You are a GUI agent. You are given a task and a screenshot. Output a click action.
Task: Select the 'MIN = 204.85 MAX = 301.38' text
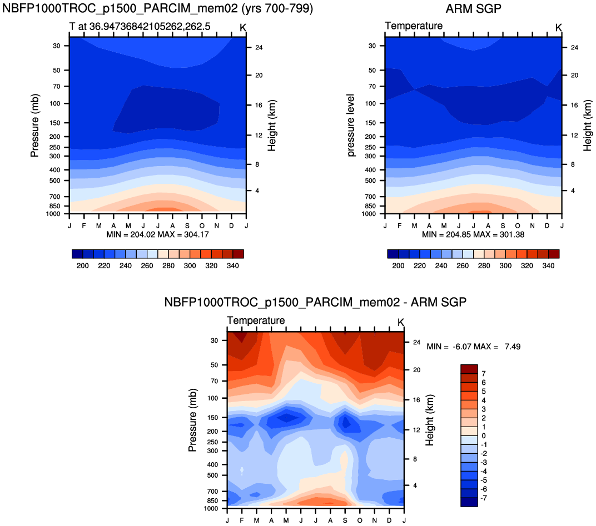coord(473,234)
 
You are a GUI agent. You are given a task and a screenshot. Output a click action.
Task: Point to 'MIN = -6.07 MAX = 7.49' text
coord(473,347)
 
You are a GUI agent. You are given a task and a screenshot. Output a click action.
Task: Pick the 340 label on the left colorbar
coord(233,266)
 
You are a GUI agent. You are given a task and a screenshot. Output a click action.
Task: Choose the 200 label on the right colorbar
coord(398,266)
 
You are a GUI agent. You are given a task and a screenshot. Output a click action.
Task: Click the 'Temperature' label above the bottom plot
coord(256,321)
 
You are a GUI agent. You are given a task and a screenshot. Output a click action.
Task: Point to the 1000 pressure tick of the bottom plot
coord(213,508)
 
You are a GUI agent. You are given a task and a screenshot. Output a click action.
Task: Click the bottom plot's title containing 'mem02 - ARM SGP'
coord(315,303)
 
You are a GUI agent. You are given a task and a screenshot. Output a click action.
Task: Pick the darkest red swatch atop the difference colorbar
coord(469,369)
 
